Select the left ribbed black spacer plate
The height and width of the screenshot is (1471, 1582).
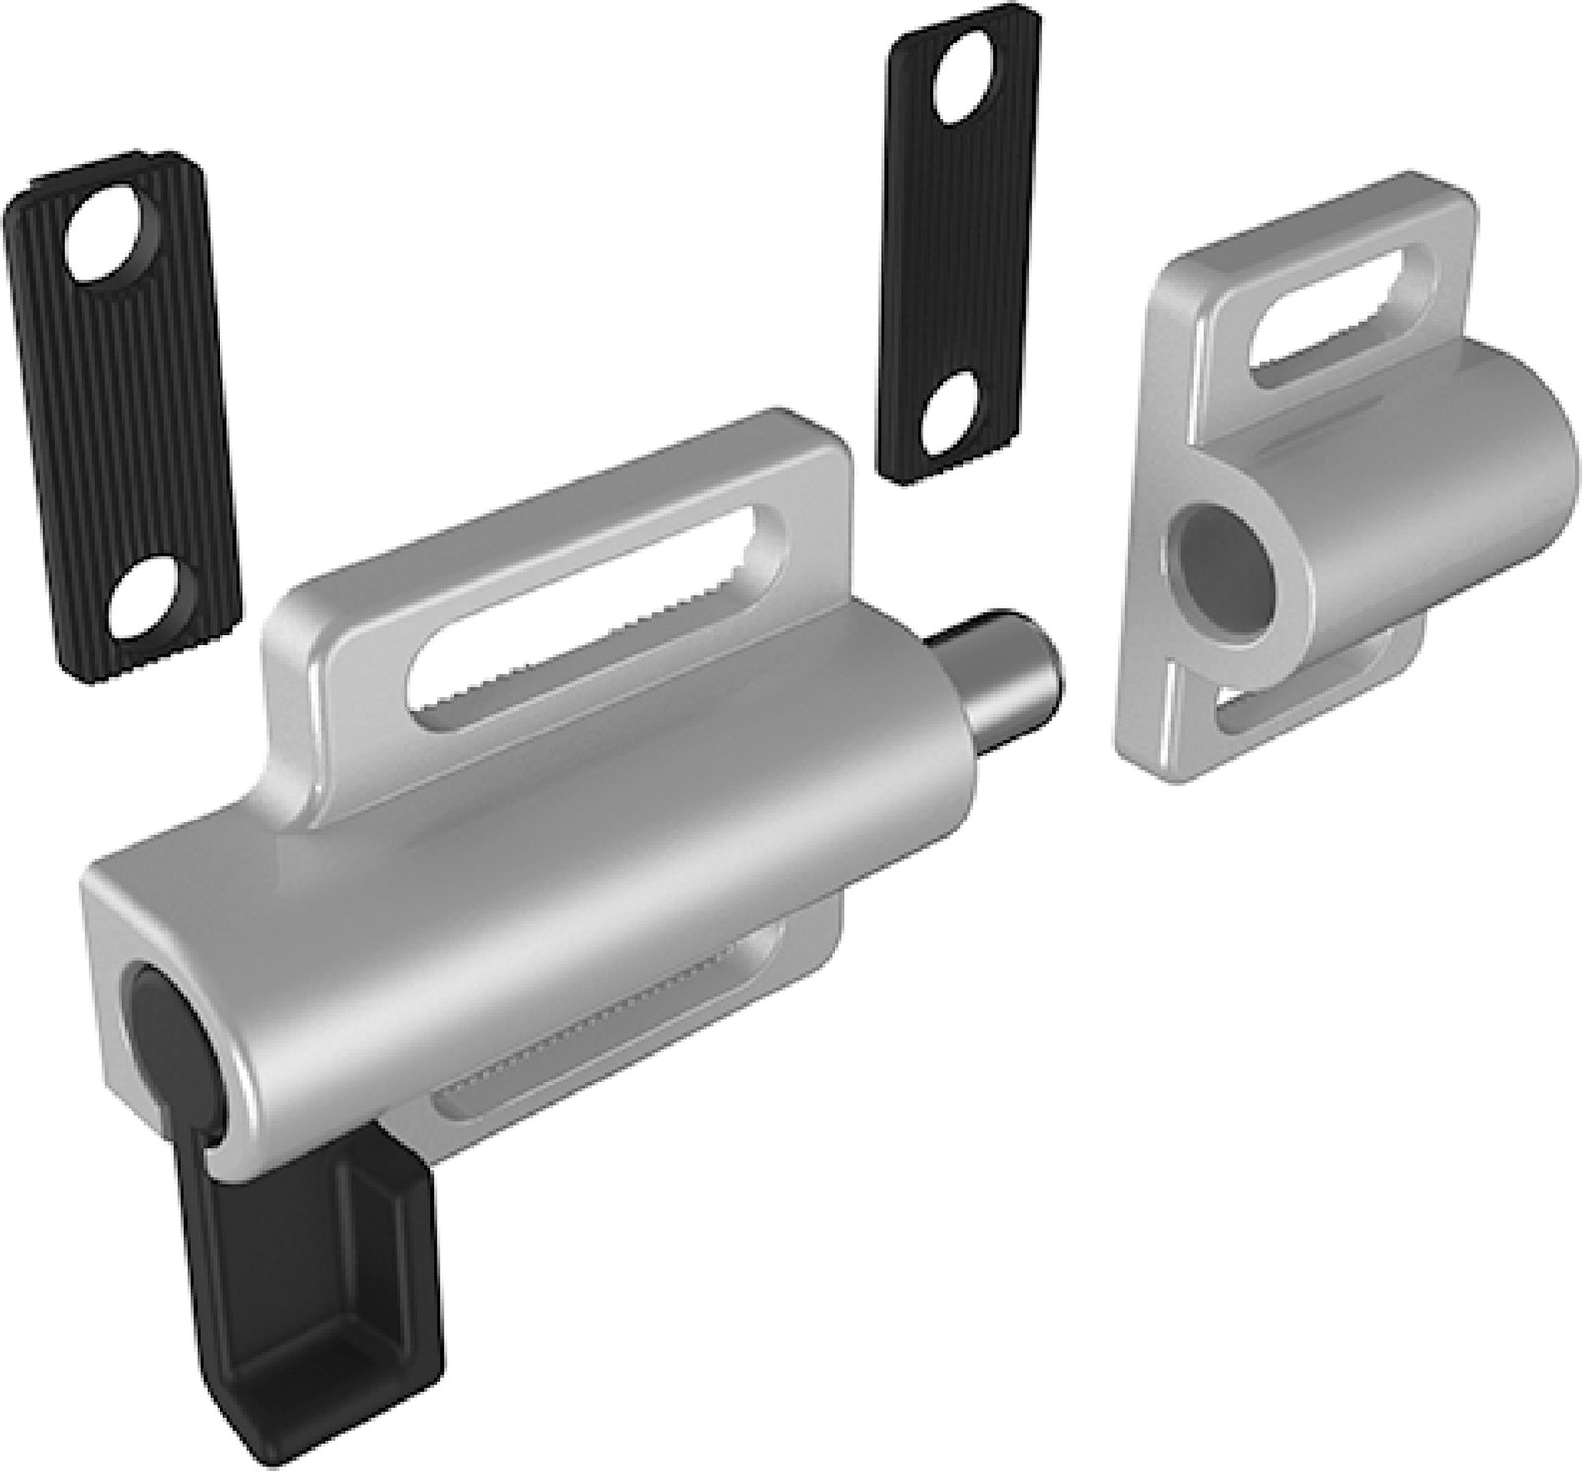click(124, 415)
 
